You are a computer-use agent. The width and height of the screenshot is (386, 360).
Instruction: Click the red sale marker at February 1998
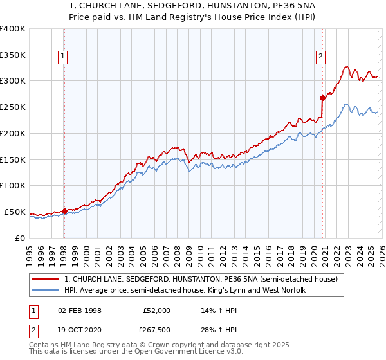[x=64, y=210]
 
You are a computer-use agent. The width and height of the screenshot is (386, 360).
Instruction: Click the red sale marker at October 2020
[x=322, y=98]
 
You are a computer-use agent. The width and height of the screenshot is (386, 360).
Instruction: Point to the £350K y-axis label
[x=12, y=55]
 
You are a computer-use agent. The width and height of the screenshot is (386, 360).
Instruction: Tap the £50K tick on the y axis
[x=15, y=212]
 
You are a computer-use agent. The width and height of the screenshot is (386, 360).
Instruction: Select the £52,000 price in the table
[x=156, y=310]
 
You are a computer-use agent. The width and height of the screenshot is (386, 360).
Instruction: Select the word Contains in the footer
[x=46, y=346]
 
